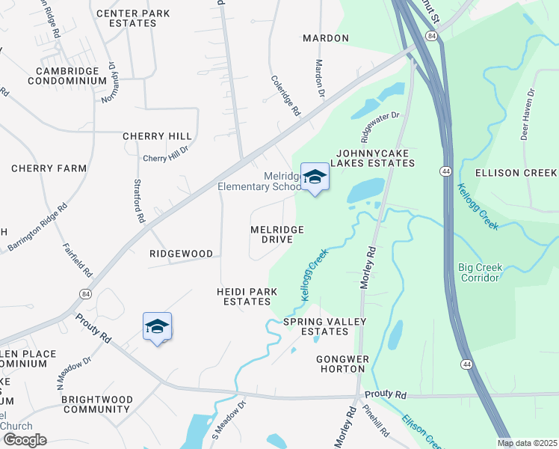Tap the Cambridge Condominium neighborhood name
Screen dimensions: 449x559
coord(67,76)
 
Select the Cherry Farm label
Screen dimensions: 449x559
coord(49,168)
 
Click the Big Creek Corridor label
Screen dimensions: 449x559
coord(479,272)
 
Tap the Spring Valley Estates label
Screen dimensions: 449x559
coord(324,326)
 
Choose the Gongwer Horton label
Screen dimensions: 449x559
coord(343,364)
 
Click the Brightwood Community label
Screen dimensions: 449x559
coord(96,404)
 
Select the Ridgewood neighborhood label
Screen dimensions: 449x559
coord(182,254)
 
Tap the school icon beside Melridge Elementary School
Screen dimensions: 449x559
coord(315,177)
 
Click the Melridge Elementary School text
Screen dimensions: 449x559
coord(259,181)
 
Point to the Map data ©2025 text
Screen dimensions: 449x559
coord(528,443)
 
